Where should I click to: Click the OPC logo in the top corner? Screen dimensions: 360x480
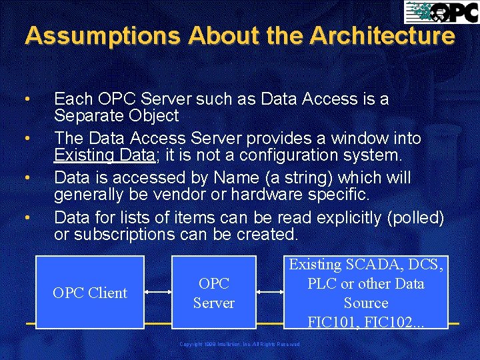click(439, 12)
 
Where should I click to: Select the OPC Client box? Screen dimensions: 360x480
click(90, 293)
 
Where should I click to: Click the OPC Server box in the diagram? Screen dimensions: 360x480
click(213, 293)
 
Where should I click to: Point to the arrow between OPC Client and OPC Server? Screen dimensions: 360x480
click(158, 293)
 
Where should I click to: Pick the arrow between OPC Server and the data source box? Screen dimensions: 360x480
click(271, 293)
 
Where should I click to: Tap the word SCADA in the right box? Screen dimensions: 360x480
click(382, 264)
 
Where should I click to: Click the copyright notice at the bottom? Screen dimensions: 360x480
click(240, 344)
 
